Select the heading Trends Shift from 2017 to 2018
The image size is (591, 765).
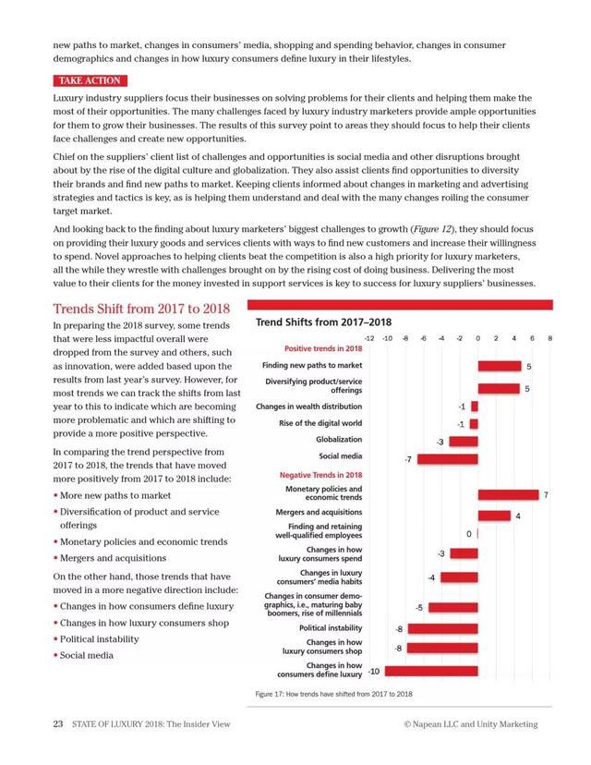coord(141,309)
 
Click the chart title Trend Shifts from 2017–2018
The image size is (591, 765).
coord(323,322)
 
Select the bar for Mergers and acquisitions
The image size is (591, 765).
coord(494,516)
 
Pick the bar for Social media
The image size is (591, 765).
coord(447,458)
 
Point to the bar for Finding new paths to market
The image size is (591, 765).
coord(499,366)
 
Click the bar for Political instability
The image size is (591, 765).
coord(441,629)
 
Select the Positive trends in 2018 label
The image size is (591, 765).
coord(322,349)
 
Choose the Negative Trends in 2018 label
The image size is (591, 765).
coord(320,475)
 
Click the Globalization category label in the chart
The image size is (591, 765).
coord(339,440)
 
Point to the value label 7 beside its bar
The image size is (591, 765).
coord(546,496)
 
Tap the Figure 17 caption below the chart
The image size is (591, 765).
coord(333,693)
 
